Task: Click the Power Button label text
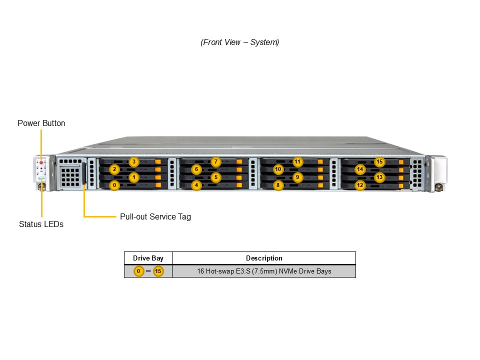41,123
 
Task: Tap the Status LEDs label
41,224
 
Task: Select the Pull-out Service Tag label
155,216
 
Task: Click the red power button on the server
41,162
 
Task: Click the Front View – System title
240,42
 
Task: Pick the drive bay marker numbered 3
133,161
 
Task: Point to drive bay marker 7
215,161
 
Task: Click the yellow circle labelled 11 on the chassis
297,161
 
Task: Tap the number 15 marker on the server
379,161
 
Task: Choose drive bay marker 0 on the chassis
114,185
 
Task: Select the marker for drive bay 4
196,185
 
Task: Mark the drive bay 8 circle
278,185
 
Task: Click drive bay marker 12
360,185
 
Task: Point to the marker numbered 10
278,169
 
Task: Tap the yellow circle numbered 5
215,177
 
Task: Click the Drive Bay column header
148,258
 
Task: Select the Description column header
264,258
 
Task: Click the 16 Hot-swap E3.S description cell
264,271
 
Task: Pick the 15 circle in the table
158,271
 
